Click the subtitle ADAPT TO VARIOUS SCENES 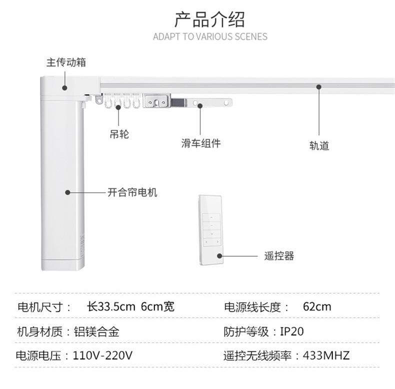pyautogui.click(x=210, y=37)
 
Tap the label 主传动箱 pyautogui.click(x=66, y=63)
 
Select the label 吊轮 pyautogui.click(x=119, y=134)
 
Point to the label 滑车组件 pyautogui.click(x=200, y=144)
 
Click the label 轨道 pyautogui.click(x=319, y=146)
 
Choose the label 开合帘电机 pyautogui.click(x=132, y=192)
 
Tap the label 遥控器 pyautogui.click(x=279, y=257)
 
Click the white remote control pyautogui.click(x=212, y=230)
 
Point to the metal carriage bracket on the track pyautogui.click(x=158, y=102)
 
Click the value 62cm pyautogui.click(x=317, y=307)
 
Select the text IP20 pyautogui.click(x=291, y=332)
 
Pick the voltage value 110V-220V pyautogui.click(x=102, y=356)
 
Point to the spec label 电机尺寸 pyautogui.click(x=40, y=307)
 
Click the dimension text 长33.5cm pyautogui.click(x=111, y=307)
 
